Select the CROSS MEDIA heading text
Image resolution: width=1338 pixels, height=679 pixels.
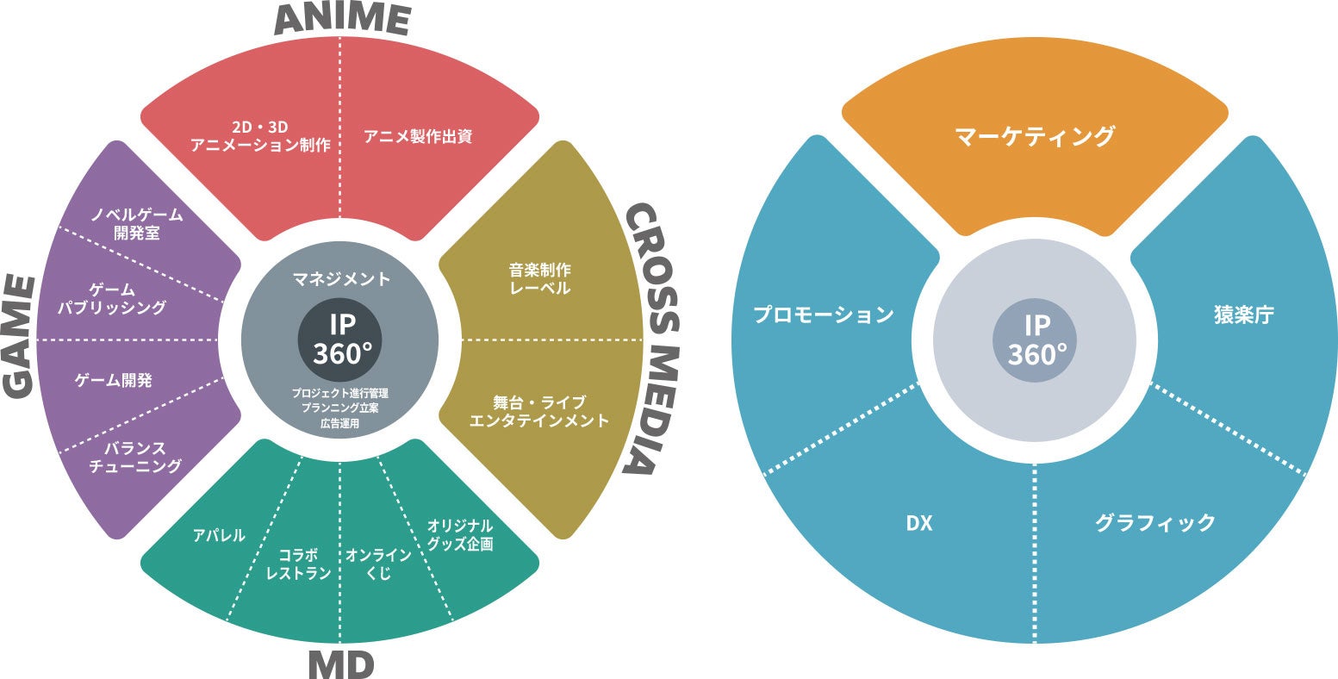coord(652,339)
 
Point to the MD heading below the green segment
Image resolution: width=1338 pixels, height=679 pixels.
coord(340,663)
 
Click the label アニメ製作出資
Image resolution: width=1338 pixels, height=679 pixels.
coord(417,136)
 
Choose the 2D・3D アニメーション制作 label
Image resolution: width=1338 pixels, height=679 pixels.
coord(260,136)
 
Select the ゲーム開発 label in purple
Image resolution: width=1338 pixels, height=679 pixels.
coord(113,379)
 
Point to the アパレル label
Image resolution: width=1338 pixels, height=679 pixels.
coord(219,535)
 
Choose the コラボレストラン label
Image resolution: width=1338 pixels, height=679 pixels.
coord(299,564)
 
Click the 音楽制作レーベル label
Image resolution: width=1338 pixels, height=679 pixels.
coord(539,278)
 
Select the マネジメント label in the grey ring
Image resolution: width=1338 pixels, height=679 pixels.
coord(341,278)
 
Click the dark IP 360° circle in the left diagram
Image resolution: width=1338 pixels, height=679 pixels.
coord(341,338)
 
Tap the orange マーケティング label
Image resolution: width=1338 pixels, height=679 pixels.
coord(1034,136)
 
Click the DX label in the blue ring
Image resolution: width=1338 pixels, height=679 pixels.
coord(919,523)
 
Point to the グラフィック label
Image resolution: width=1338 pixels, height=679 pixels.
coord(1154,522)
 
